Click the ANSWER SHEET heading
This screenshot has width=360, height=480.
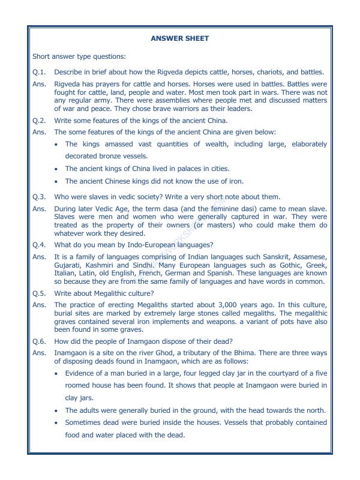[180, 38]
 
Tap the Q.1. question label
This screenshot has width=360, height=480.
[40, 71]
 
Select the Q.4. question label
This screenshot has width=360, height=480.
[40, 245]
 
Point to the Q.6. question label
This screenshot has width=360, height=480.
[40, 340]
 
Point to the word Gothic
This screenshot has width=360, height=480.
[268, 265]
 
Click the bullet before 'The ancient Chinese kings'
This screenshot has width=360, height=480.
[56, 181]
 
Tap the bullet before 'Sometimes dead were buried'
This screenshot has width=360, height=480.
[56, 423]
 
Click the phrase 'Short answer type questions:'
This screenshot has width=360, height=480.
[80, 56]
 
